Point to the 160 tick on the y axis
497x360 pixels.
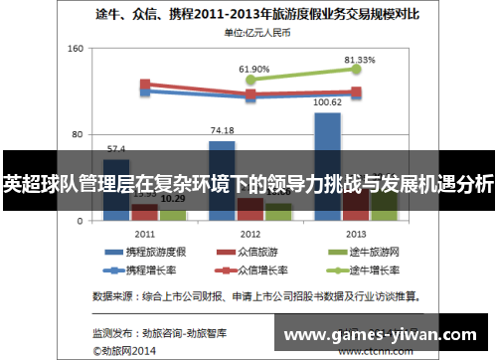(x=75, y=48)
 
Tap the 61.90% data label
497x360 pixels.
(x=253, y=69)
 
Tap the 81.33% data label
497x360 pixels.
(x=360, y=60)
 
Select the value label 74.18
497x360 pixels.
(x=223, y=130)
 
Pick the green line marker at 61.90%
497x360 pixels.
(x=250, y=80)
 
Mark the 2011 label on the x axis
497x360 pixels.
(x=144, y=233)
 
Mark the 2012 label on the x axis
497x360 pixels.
(x=249, y=233)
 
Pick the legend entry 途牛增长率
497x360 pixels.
(x=359, y=270)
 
